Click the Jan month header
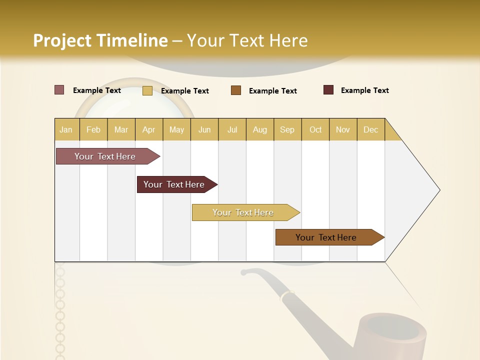coord(66,129)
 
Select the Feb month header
coord(93,129)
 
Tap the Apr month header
coord(149,129)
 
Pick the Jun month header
coord(204,129)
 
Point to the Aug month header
coord(260,129)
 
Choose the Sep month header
coord(287,129)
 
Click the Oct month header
coord(315,129)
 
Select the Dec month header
coord(371,129)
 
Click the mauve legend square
coord(59,90)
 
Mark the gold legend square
coord(147,90)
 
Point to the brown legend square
coord(236,90)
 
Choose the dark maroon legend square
coord(328,90)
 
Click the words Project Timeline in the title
coord(100,40)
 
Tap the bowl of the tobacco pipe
coord(395,332)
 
